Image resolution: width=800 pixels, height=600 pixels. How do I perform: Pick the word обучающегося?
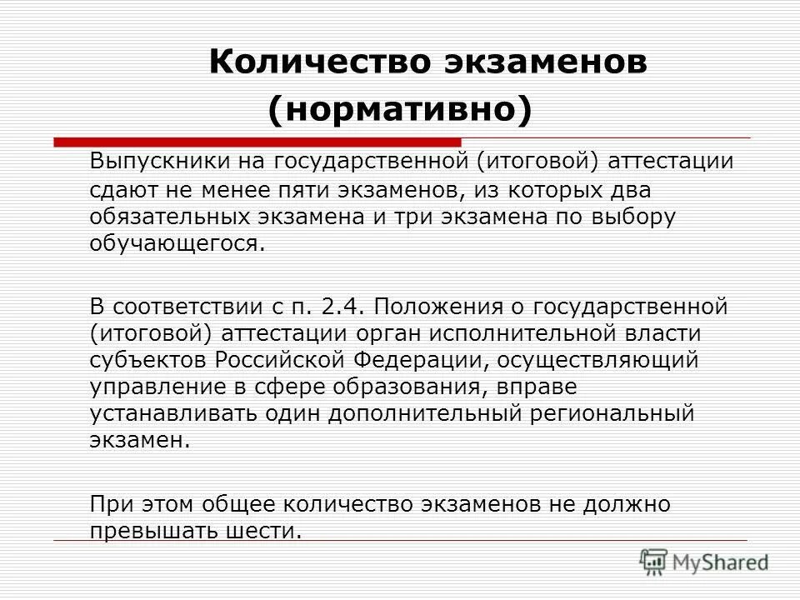coord(173,245)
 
